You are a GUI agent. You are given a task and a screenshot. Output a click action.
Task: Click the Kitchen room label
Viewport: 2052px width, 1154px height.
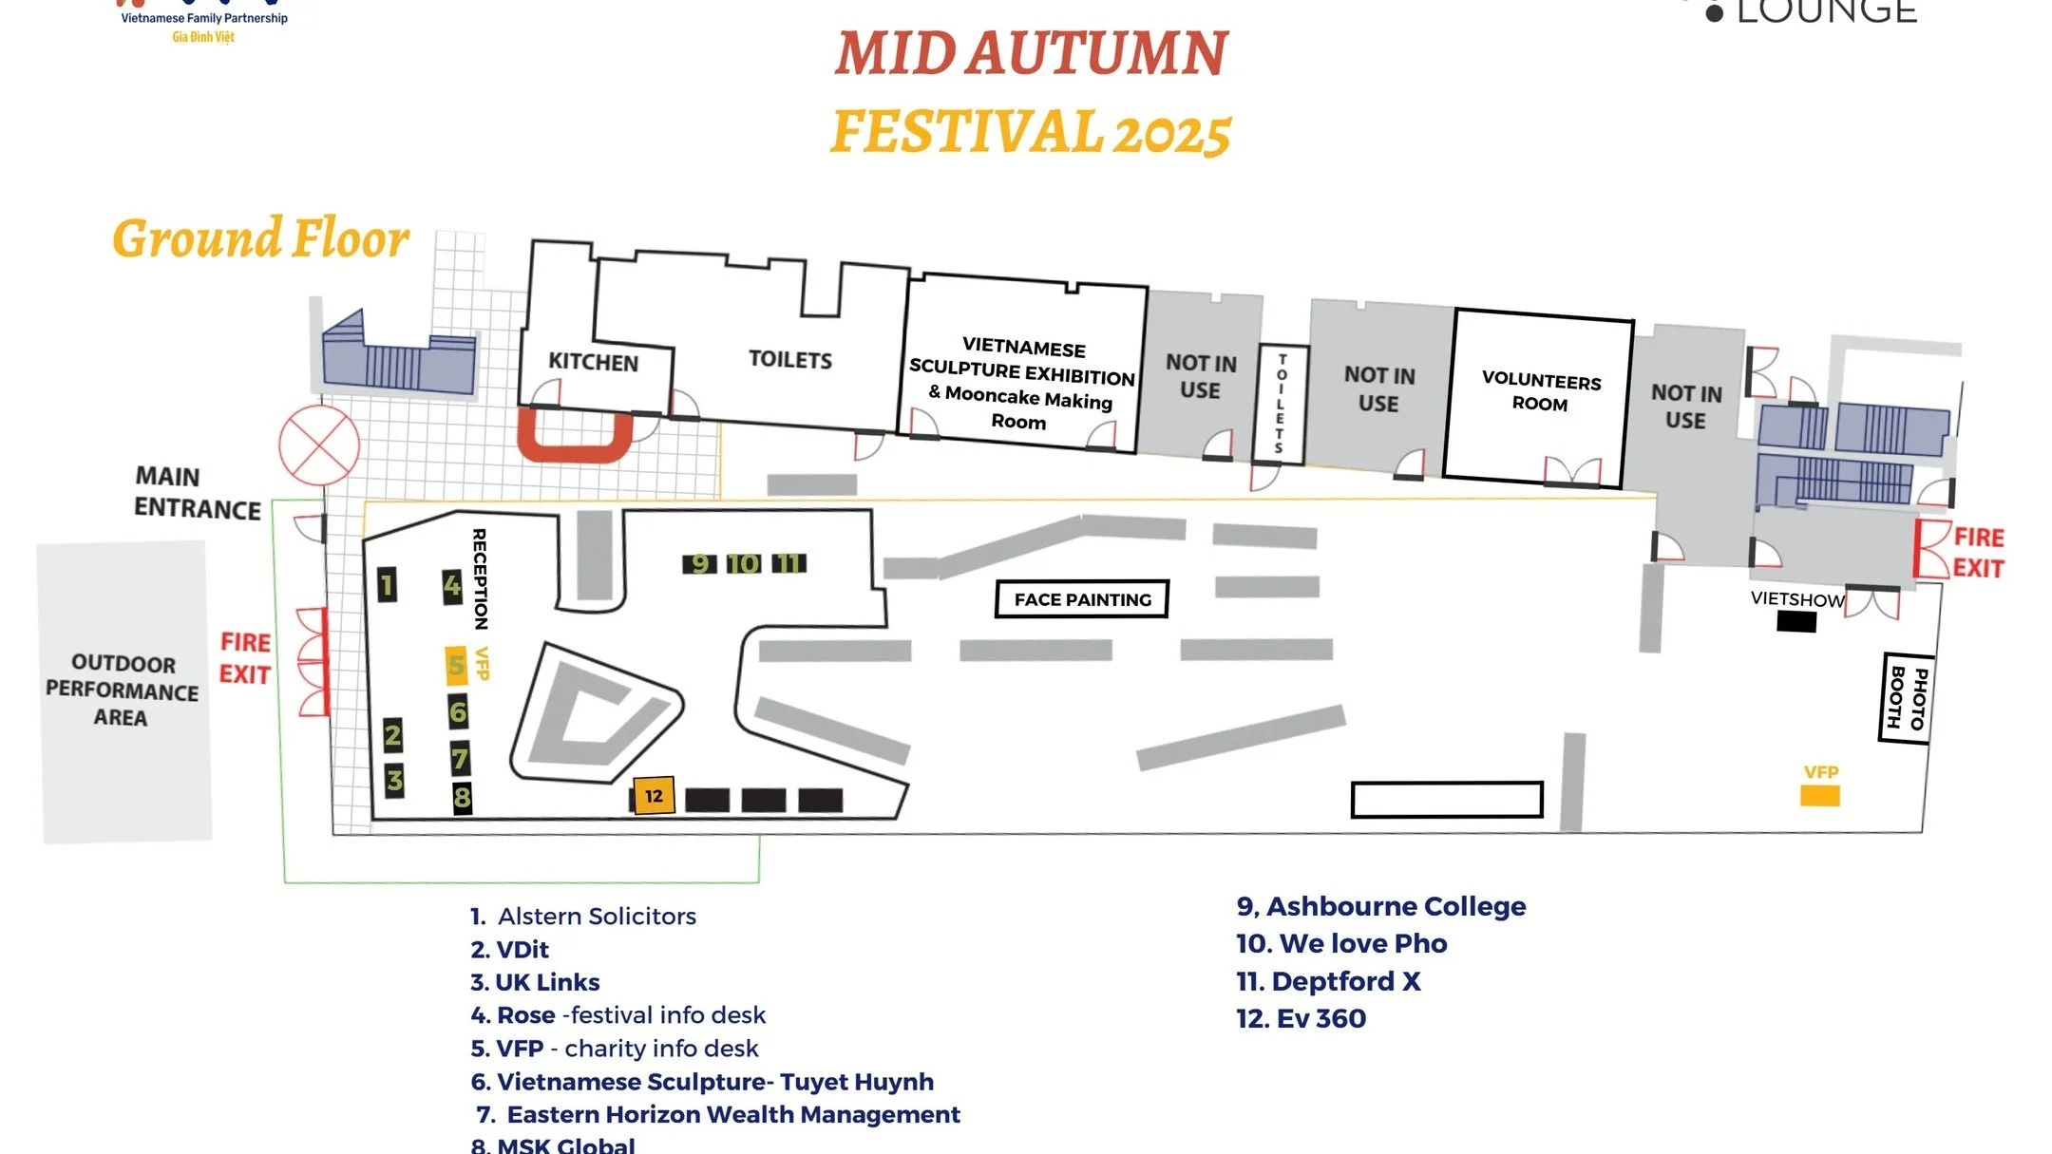[x=593, y=362]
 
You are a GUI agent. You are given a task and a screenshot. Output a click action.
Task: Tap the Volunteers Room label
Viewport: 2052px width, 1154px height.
[x=1541, y=391]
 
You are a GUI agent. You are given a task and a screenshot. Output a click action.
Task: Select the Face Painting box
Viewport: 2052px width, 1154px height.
[x=1081, y=599]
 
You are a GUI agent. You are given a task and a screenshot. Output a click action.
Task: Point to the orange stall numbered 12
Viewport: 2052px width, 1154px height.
[x=654, y=796]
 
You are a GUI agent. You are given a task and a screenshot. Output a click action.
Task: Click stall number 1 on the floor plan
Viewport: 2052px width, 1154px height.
[x=387, y=585]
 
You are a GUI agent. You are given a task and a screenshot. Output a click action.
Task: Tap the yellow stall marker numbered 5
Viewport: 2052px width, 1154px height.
[x=456, y=665]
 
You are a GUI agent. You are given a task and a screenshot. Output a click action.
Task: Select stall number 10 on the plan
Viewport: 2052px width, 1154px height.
[x=743, y=564]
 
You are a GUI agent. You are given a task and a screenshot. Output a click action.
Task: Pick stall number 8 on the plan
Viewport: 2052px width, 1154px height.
[x=462, y=797]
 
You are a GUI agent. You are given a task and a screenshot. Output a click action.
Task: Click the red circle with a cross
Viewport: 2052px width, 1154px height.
[x=319, y=445]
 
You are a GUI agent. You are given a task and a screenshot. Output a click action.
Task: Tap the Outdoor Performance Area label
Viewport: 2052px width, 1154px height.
[x=123, y=691]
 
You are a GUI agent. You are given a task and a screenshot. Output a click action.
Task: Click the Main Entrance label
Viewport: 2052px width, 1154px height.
[x=197, y=492]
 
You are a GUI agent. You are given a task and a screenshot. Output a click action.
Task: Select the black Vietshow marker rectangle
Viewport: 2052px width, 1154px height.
[x=1796, y=622]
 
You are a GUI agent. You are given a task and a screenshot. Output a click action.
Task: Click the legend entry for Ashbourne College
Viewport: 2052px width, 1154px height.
[x=1380, y=906]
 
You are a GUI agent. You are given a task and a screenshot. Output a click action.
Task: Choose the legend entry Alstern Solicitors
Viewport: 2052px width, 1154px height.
[x=583, y=916]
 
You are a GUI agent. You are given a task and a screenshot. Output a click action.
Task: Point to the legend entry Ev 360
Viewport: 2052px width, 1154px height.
[x=1301, y=1018]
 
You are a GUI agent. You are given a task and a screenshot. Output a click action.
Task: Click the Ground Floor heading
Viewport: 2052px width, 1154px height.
[x=260, y=238]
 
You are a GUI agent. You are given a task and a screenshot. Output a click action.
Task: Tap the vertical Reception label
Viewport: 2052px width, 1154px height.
[x=480, y=578]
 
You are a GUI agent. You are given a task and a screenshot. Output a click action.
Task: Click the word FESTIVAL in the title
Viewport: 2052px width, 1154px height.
[x=967, y=132]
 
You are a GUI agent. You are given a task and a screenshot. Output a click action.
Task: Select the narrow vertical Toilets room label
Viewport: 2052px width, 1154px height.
[x=1281, y=404]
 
